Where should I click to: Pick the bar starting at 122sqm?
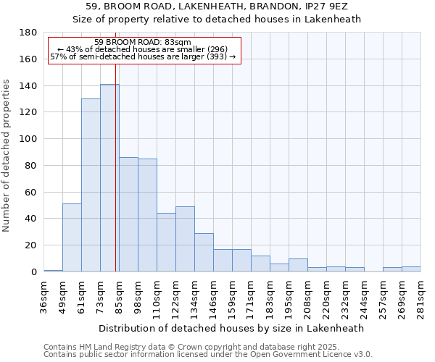click(x=185, y=239)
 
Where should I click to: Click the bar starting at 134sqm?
click(x=204, y=253)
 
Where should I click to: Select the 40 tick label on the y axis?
click(x=32, y=219)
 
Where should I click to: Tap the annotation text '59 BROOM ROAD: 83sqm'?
click(x=143, y=43)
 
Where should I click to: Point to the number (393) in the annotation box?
click(x=217, y=56)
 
